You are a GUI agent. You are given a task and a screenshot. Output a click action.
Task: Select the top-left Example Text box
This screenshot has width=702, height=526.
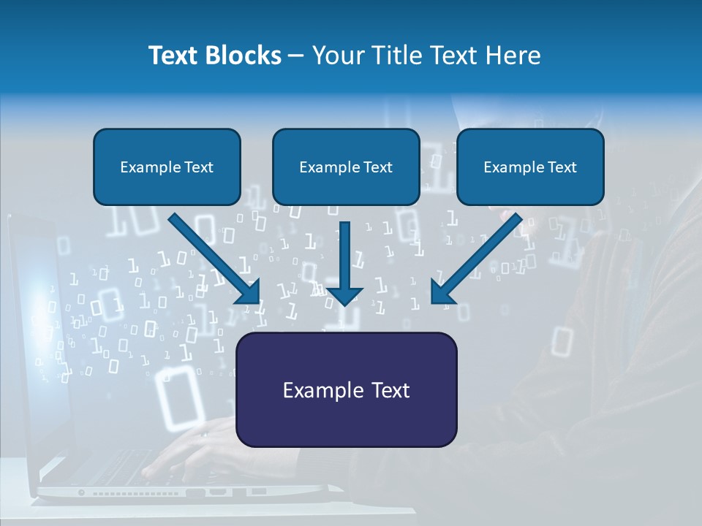click(167, 167)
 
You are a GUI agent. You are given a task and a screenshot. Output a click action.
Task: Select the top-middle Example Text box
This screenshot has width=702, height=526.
click(346, 167)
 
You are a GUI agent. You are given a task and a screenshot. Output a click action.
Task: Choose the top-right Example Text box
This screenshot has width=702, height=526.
click(530, 167)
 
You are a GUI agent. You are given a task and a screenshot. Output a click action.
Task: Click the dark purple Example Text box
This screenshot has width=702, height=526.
click(346, 389)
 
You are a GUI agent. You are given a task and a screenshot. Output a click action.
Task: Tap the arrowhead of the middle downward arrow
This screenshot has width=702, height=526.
click(344, 295)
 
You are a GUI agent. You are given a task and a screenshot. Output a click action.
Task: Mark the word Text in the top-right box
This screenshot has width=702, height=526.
click(562, 167)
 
